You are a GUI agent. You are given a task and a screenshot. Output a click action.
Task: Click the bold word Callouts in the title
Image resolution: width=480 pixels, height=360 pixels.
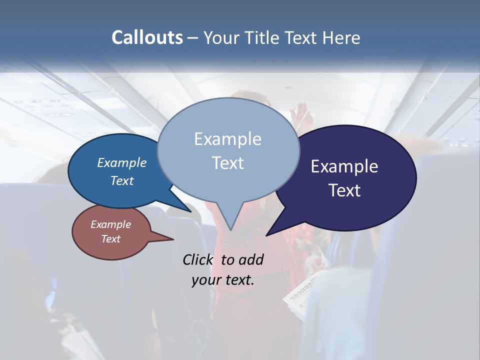[x=147, y=37]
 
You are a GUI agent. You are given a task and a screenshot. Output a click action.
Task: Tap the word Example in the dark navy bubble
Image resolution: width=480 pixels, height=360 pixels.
[x=344, y=166]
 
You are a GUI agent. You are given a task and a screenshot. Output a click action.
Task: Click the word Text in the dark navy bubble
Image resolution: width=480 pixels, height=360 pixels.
[x=344, y=190]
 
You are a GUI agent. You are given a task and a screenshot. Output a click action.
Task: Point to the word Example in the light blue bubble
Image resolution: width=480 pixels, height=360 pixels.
[x=227, y=139]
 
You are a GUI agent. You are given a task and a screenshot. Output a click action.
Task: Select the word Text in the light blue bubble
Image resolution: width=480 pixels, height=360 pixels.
[x=227, y=163]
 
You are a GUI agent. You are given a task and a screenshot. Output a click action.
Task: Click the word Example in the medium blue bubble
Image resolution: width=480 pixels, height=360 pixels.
[x=121, y=162]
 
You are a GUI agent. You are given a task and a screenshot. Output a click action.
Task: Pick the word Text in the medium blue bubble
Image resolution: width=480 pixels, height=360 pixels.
[x=121, y=180]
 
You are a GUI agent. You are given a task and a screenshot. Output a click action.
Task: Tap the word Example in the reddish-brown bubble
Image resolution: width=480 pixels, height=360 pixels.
[x=110, y=224]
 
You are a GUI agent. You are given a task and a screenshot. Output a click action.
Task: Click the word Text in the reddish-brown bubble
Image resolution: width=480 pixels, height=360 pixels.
[x=110, y=239]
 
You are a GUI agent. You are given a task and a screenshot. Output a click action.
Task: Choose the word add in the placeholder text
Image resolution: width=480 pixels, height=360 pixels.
[x=251, y=259]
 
